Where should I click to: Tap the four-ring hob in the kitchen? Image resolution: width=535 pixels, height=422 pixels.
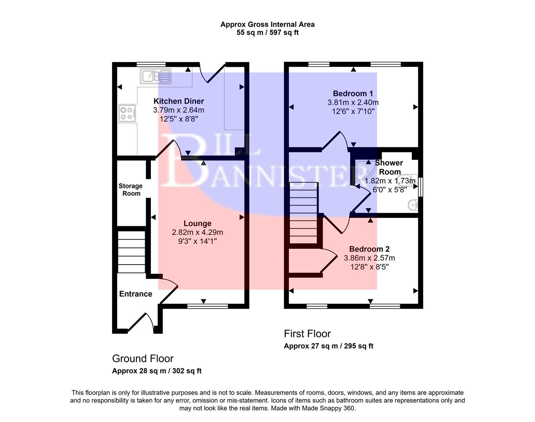pos(127,113)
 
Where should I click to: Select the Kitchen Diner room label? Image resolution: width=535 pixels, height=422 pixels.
pos(179,101)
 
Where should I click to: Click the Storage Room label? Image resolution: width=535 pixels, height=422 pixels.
pos(131,190)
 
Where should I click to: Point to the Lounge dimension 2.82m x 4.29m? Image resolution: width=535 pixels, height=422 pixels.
pos(197,232)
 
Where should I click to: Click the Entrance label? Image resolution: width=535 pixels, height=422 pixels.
pos(136,294)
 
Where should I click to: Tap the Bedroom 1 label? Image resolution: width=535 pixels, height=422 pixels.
pos(352,93)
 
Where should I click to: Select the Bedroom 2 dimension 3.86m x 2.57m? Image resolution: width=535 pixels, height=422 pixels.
pos(369,258)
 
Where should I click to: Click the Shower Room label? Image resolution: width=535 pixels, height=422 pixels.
pos(389,167)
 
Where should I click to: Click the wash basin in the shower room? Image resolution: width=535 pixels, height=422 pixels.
pos(413,204)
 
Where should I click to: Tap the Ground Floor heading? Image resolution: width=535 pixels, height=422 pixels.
pos(143,358)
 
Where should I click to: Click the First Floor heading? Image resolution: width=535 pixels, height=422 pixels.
pos(307,334)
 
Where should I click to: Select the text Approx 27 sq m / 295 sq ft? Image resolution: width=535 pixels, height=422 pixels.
pos(328,346)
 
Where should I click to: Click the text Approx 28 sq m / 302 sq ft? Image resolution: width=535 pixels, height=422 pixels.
pos(157,371)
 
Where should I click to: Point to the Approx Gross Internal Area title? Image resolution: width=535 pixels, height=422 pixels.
pos(267,24)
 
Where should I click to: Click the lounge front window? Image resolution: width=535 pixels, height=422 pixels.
pos(207,306)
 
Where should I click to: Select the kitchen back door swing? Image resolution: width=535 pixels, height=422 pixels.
pos(213,72)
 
